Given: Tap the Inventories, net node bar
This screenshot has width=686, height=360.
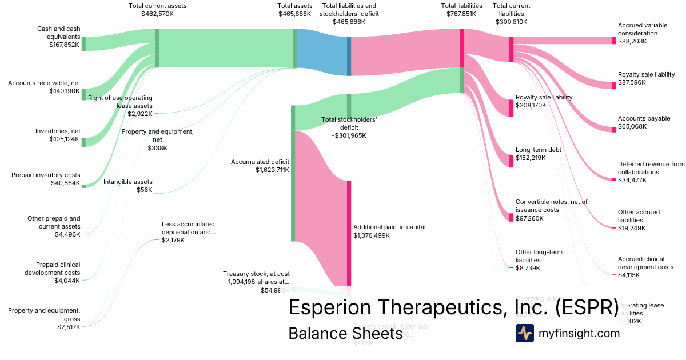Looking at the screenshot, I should (x=83, y=142).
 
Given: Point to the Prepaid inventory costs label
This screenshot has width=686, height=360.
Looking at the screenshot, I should (x=46, y=175).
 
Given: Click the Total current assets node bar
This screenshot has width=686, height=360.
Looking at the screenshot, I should (x=157, y=48).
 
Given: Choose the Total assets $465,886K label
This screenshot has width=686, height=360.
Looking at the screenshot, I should (x=294, y=10).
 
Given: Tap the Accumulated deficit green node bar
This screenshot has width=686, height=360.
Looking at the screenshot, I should (x=293, y=173).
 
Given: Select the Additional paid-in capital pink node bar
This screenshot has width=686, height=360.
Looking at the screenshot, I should (x=349, y=233).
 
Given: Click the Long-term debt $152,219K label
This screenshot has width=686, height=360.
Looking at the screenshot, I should (x=539, y=154).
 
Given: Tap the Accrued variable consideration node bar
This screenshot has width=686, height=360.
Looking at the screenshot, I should (x=613, y=41).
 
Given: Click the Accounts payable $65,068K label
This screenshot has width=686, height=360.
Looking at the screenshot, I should (x=644, y=122).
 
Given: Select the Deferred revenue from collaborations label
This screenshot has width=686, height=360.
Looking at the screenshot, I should (x=651, y=168).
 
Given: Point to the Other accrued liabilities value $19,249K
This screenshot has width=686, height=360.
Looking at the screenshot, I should (x=632, y=228).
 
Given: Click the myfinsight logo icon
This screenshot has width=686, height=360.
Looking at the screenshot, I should (x=524, y=333).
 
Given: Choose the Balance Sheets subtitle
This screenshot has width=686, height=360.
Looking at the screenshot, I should (x=345, y=333).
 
